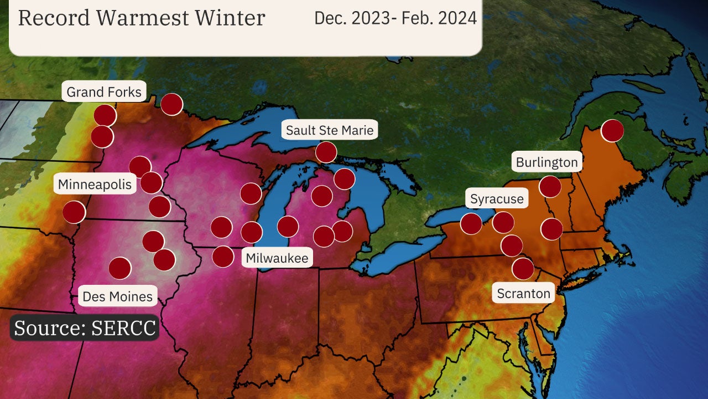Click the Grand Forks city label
pos(104,91)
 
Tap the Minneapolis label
pos(95,184)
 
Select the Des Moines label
pos(117,296)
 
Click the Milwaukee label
pos(277,258)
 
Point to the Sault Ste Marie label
pos(330,130)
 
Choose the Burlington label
pos(546,162)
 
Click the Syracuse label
pos(496,198)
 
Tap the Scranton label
pos(523,293)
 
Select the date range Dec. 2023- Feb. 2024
pos(395,18)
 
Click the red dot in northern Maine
pos(612,131)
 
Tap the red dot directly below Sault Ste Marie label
pos(326,152)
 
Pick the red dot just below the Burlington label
pos(550,187)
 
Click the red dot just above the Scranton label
pos(523,269)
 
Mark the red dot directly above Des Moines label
pos(119,268)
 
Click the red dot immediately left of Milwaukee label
pos(223,257)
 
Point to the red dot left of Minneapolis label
pos(74,212)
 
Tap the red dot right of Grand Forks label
pos(171,104)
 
